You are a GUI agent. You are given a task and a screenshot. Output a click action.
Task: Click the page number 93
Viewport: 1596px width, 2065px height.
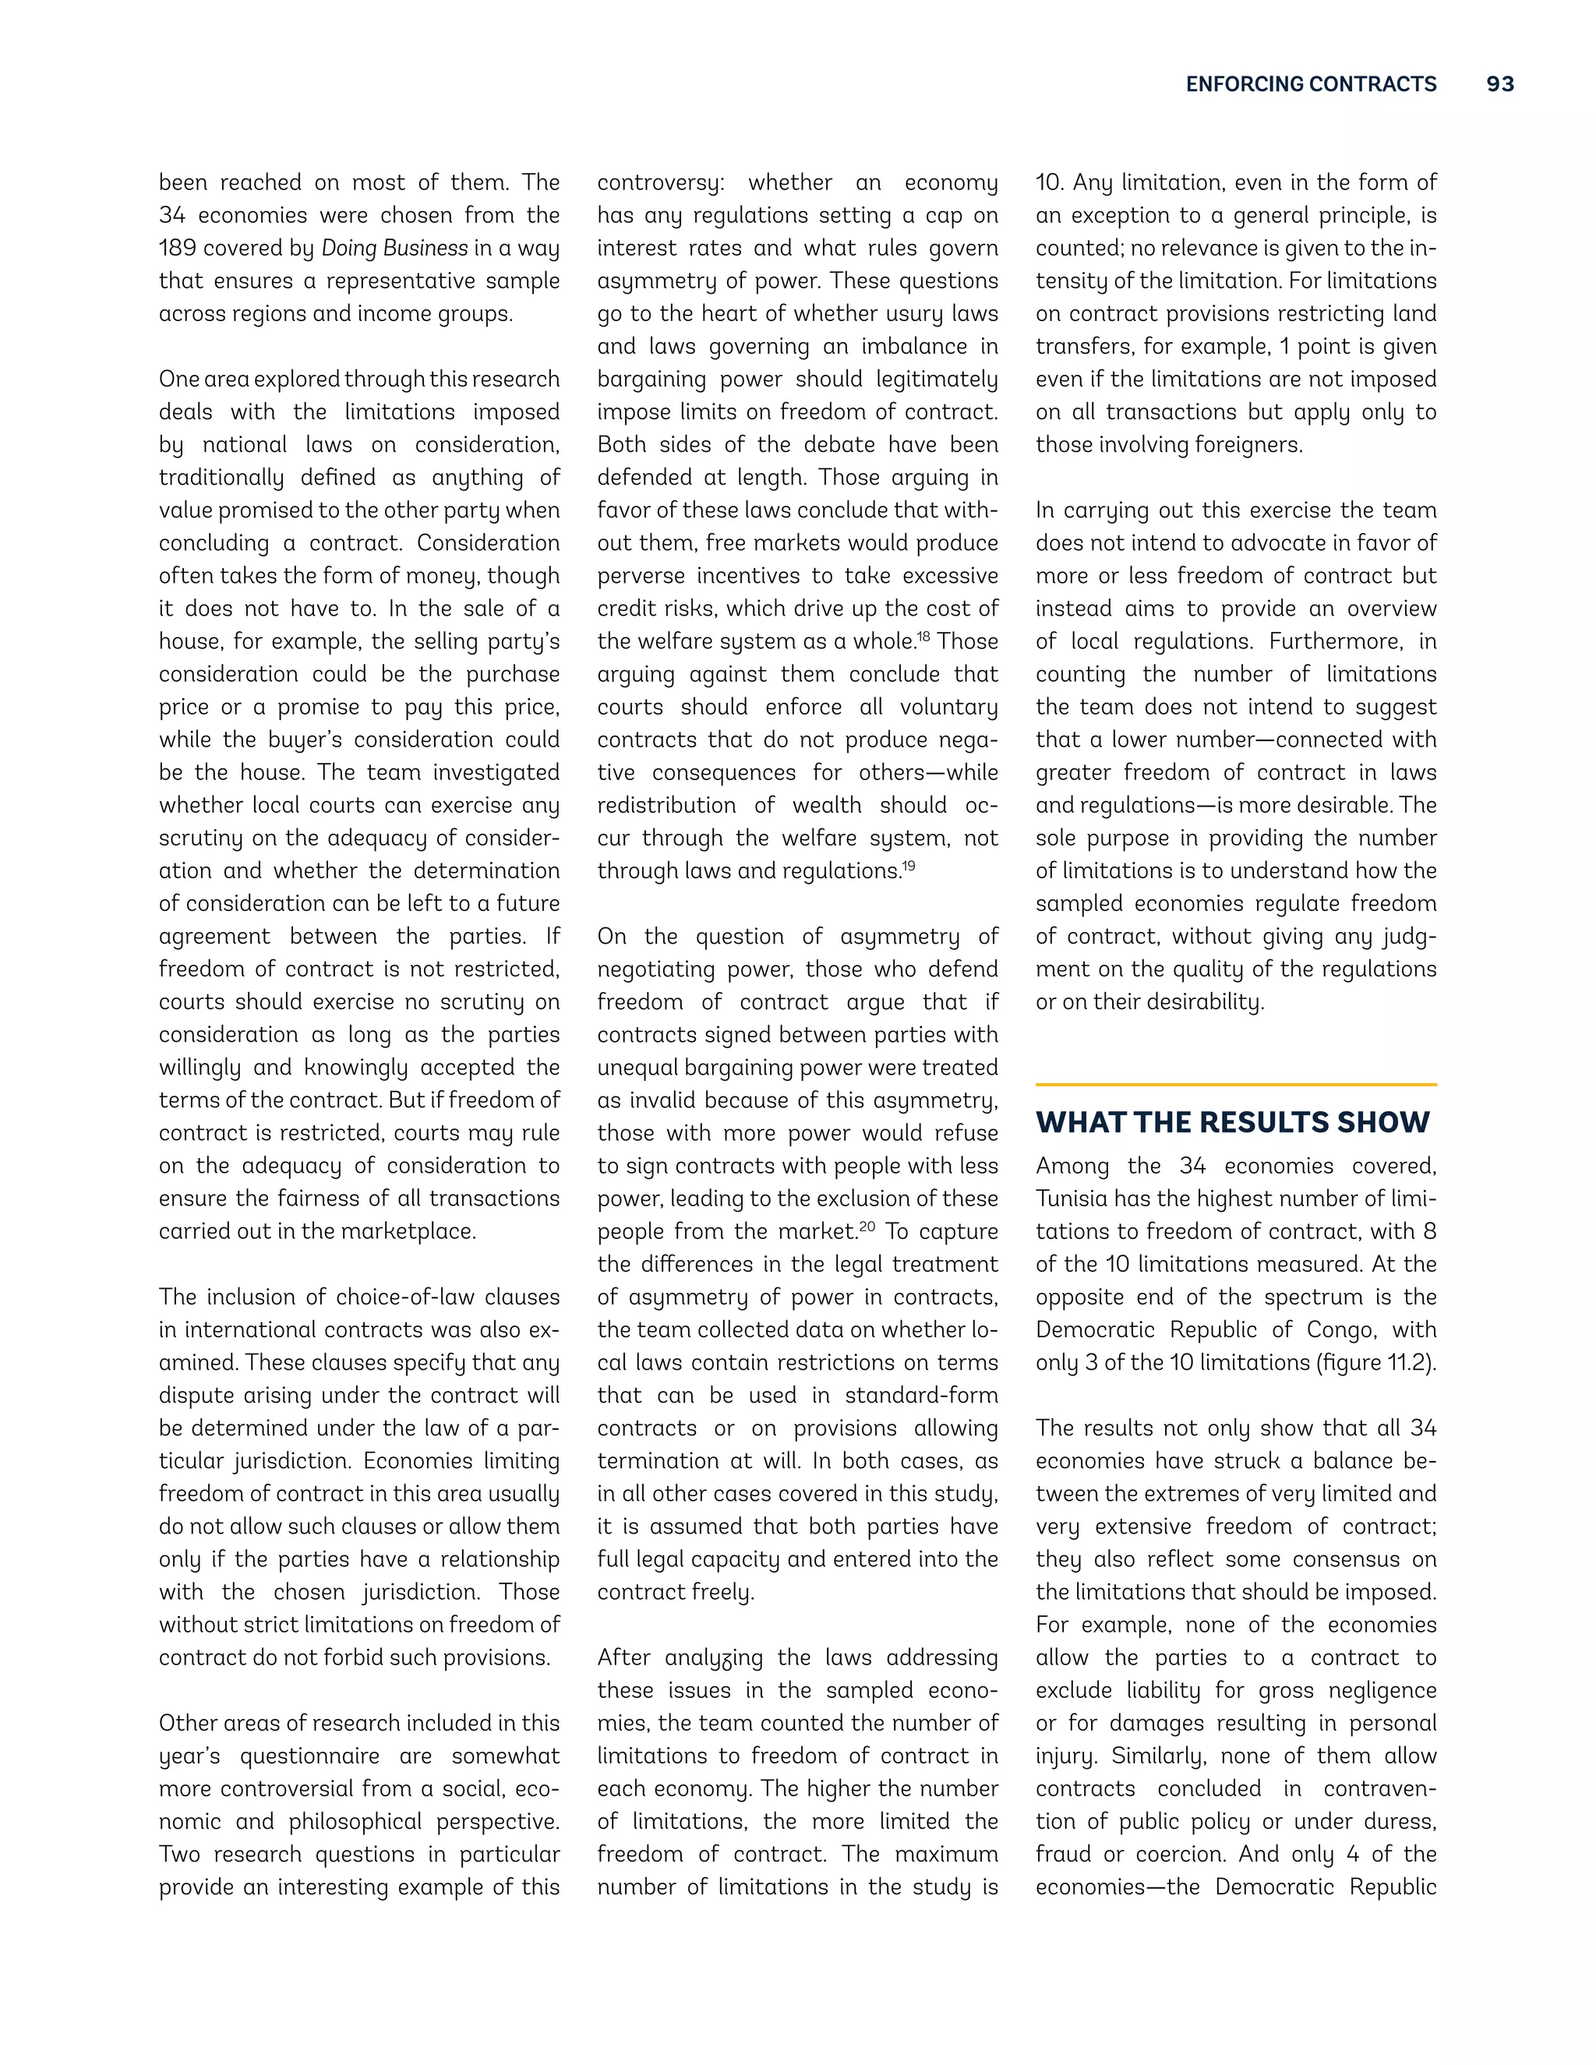coord(1499,84)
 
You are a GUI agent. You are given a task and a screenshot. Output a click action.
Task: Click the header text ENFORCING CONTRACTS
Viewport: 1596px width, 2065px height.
coord(1311,84)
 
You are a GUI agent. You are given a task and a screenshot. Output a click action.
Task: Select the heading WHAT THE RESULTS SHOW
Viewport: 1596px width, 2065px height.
coord(1232,1122)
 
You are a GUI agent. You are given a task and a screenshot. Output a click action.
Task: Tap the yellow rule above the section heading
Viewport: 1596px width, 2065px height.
coord(1236,1085)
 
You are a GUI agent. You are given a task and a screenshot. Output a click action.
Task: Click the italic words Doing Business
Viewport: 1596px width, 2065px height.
coord(394,249)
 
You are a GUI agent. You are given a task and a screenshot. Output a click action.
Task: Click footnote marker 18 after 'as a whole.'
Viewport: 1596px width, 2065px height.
coord(923,637)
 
